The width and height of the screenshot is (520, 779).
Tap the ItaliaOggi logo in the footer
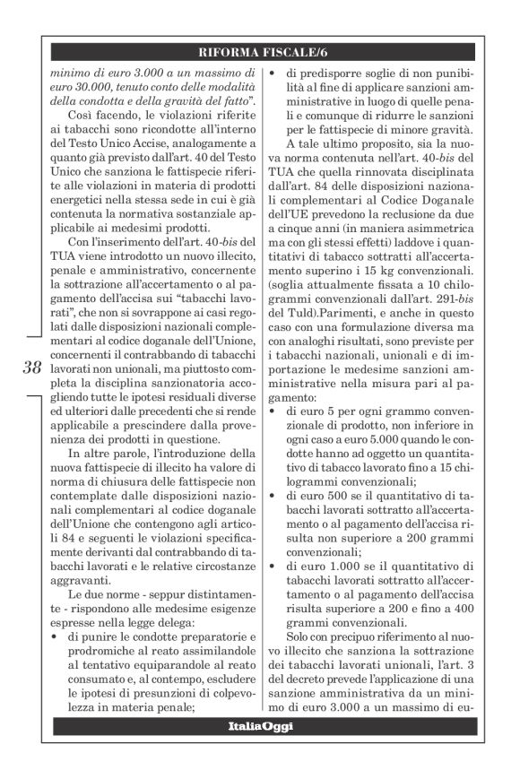(x=259, y=725)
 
